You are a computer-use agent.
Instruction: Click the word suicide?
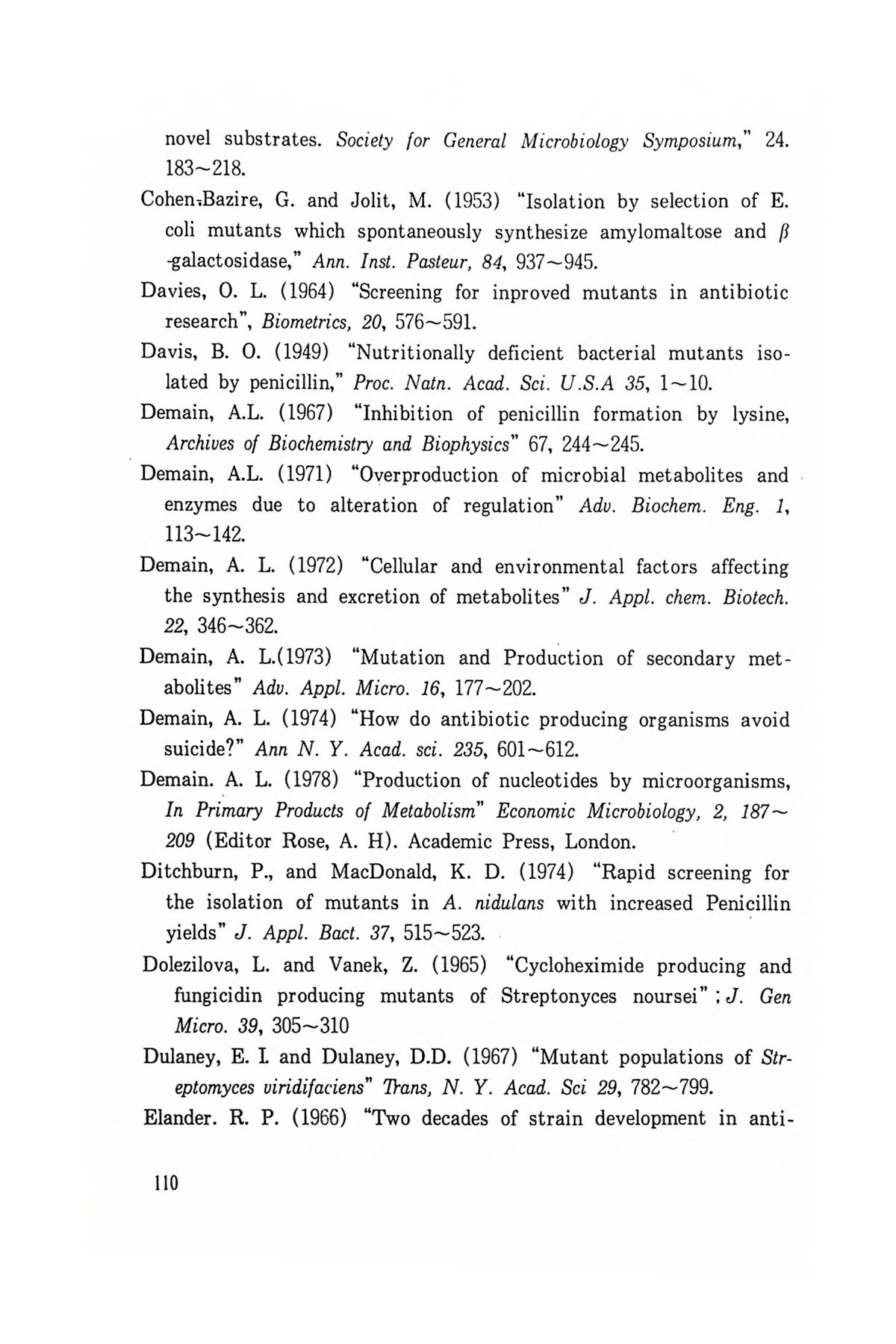click(x=205, y=749)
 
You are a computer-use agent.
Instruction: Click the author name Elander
click(x=173, y=1119)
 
